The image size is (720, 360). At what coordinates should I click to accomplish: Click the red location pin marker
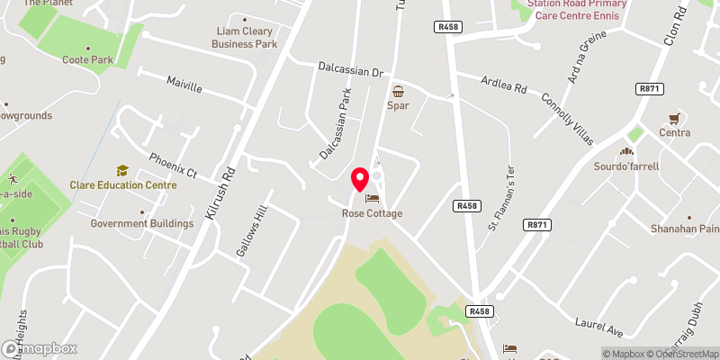point(360,179)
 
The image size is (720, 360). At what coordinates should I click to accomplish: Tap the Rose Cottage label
point(372,213)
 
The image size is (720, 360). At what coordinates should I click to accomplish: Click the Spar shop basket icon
point(398,91)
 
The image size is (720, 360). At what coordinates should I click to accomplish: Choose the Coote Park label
point(87,60)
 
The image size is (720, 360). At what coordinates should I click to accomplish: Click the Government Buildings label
point(142,223)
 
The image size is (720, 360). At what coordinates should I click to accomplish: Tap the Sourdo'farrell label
point(626,166)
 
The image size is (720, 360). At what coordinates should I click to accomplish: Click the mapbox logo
point(40,348)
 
